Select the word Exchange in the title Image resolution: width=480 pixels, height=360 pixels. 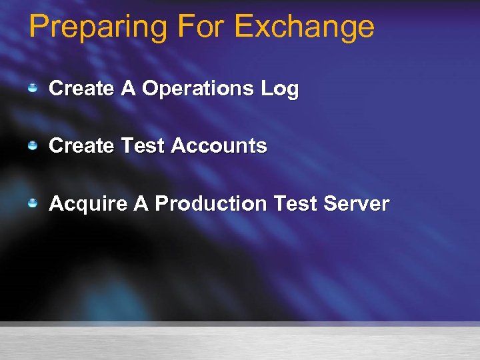[x=305, y=28]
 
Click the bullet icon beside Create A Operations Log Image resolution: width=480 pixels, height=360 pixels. [x=33, y=88]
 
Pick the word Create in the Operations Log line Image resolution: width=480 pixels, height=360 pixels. [x=81, y=88]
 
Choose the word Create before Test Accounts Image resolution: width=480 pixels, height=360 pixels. [x=81, y=145]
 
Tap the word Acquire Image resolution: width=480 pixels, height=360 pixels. [x=88, y=203]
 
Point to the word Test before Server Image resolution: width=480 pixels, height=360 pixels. [x=304, y=203]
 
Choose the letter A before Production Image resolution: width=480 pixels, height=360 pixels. [x=141, y=203]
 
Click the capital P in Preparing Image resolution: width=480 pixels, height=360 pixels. [x=39, y=27]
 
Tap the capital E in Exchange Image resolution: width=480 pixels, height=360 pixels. [x=245, y=27]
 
